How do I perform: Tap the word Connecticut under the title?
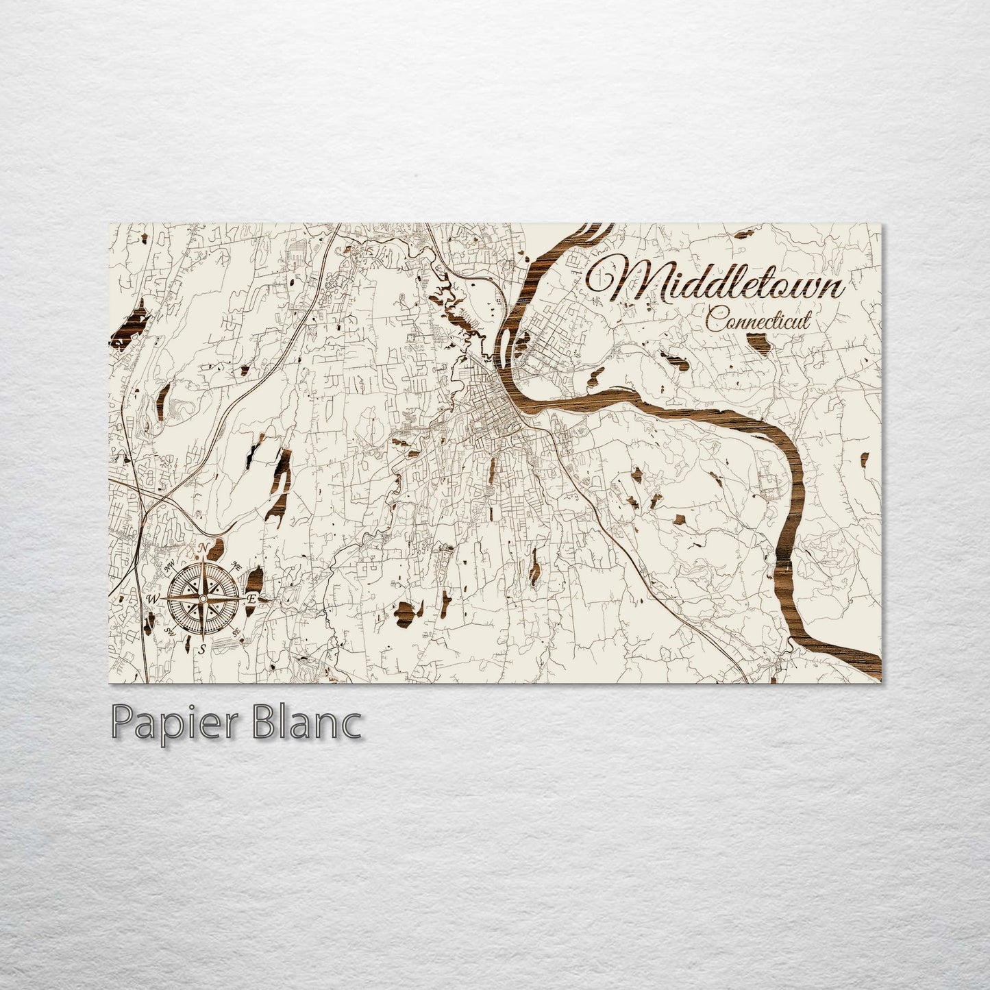(x=758, y=320)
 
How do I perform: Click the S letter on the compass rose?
(x=203, y=650)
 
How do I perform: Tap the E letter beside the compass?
(x=251, y=599)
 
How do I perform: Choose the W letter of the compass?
(x=153, y=599)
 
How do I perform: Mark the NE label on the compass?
(x=236, y=567)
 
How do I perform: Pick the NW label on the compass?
(x=169, y=567)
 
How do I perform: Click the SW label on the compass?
(x=169, y=631)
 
